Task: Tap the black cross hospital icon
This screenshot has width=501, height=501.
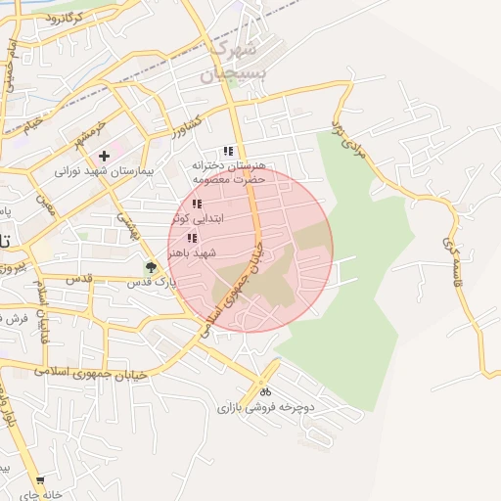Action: (104, 157)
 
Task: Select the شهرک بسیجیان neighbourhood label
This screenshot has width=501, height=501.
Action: (232, 61)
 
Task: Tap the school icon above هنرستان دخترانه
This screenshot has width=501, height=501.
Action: (228, 152)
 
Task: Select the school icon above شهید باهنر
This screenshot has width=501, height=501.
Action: (192, 238)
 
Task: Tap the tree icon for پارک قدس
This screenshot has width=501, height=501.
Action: (150, 267)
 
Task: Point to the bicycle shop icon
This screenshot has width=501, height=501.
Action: (266, 391)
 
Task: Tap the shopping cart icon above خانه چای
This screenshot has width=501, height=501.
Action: (39, 480)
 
